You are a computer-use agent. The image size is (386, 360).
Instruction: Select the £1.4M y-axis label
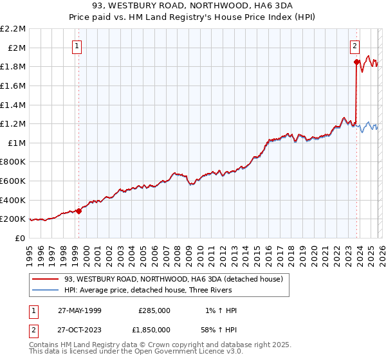[14, 105]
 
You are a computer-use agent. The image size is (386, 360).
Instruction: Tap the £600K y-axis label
[14, 181]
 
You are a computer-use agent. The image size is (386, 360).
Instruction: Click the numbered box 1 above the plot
[77, 46]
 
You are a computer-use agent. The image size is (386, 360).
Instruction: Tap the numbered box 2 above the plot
[354, 46]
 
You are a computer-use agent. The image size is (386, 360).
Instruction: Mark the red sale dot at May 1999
[78, 210]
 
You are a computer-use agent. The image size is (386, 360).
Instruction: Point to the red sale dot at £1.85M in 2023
[356, 62]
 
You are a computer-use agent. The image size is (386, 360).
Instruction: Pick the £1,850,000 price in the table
[154, 328]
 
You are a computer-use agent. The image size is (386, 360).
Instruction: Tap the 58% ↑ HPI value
[218, 328]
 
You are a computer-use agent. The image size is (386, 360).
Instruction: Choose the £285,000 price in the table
[154, 310]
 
